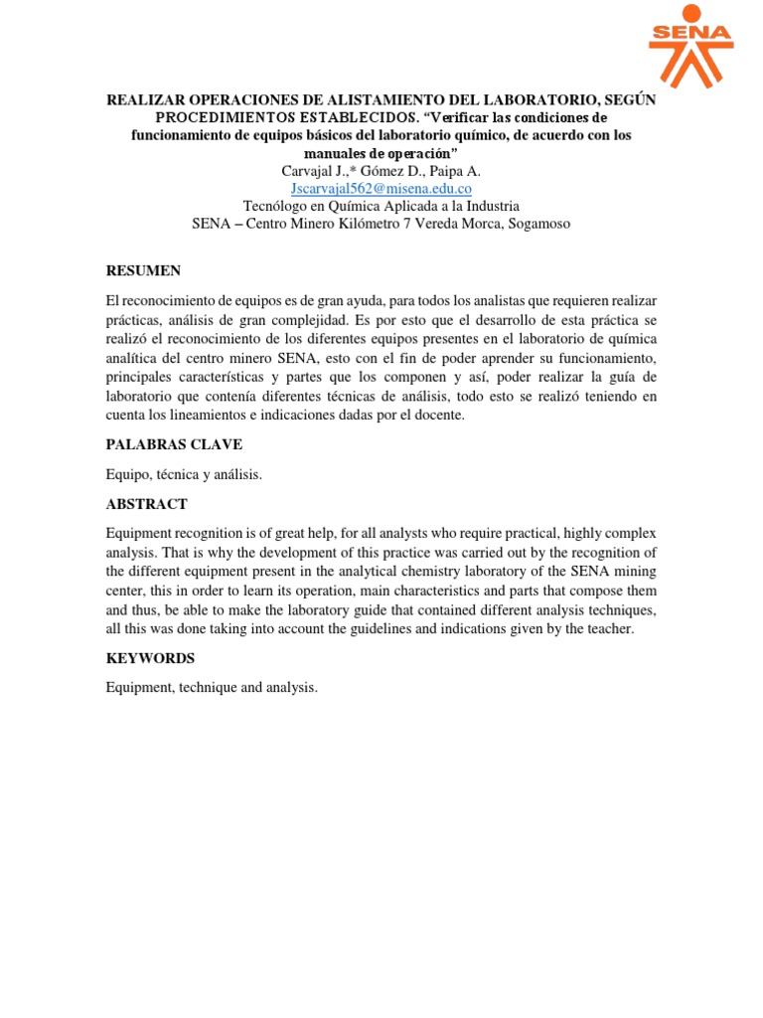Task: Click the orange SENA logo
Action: tap(690, 46)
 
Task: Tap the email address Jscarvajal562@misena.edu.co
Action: tap(381, 188)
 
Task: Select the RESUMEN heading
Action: tap(143, 270)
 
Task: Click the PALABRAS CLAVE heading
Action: tap(174, 443)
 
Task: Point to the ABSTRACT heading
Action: tap(147, 504)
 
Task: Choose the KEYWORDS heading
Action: tap(150, 658)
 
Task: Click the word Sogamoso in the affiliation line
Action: tap(538, 224)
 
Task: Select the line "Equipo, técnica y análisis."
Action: tap(184, 474)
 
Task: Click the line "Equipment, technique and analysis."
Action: tap(212, 687)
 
